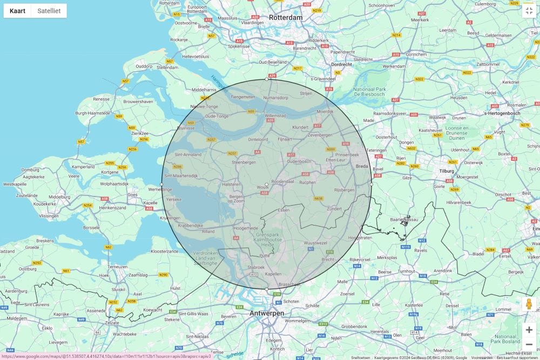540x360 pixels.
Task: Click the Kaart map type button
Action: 17,11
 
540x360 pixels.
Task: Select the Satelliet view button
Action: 49,11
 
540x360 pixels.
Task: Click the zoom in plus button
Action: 529,330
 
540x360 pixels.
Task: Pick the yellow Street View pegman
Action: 529,304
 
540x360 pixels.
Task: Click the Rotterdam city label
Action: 286,17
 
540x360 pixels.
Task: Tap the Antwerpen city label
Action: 267,313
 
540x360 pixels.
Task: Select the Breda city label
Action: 361,166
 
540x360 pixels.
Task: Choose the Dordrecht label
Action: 341,64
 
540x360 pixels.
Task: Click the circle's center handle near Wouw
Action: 267,185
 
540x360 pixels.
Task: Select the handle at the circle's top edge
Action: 267,79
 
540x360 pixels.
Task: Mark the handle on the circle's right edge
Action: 372,185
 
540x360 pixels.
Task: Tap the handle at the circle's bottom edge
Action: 267,289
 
